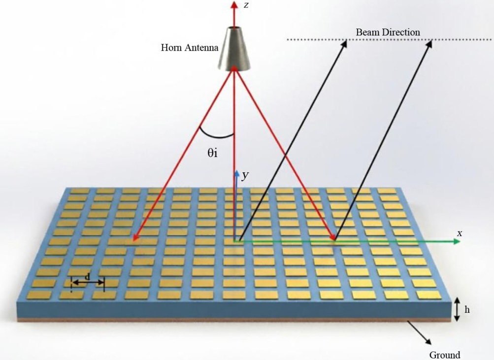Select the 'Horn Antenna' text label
click(x=190, y=48)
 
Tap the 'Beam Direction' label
click(x=388, y=33)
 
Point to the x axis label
click(x=460, y=233)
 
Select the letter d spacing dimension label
click(x=88, y=277)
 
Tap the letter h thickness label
click(x=467, y=310)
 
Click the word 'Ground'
click(x=445, y=355)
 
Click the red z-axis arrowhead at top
click(x=234, y=5)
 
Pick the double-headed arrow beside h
click(x=457, y=310)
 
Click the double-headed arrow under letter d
click(x=88, y=283)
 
